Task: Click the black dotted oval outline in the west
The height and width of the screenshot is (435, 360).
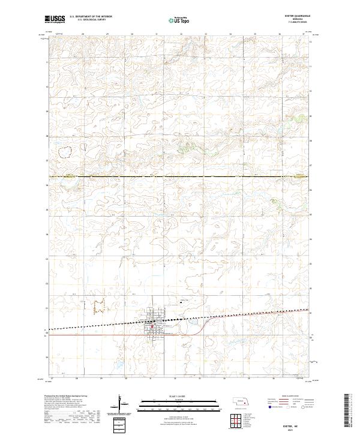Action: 65,152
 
